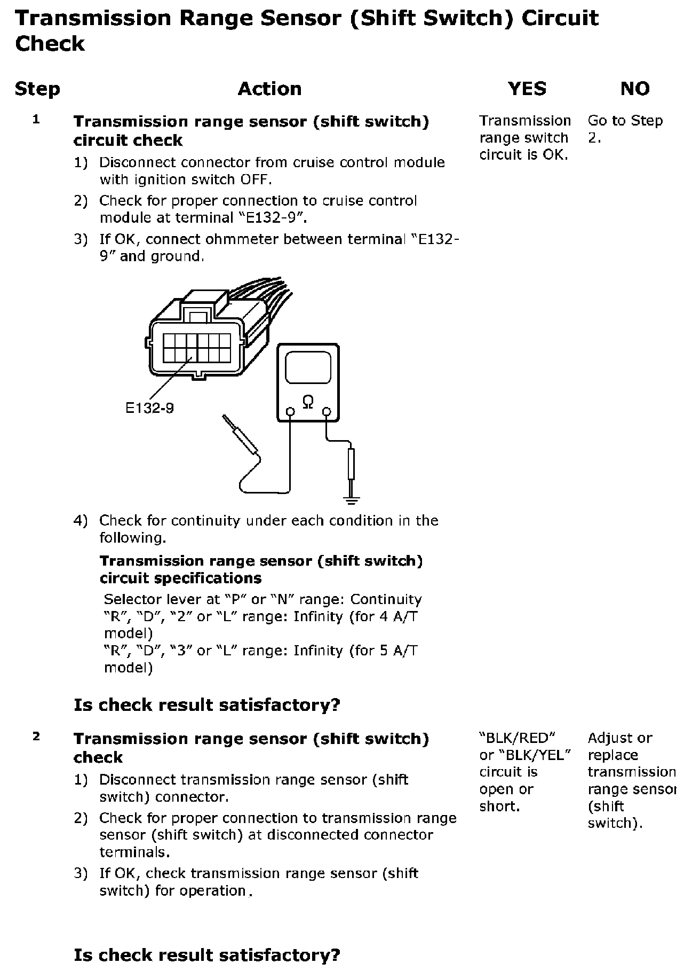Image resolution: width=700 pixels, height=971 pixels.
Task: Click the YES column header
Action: pos(527,89)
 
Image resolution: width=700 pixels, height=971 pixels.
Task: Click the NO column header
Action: pos(635,89)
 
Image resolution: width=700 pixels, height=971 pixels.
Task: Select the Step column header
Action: pos(37,89)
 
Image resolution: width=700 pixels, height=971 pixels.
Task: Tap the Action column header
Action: pos(269,89)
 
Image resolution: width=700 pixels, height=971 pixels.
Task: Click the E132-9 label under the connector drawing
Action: pos(149,409)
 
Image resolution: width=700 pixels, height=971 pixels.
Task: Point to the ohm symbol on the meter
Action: pos(308,402)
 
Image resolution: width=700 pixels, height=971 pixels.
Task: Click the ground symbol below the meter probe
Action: pos(351,500)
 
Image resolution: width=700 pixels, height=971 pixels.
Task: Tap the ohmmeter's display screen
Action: pos(308,368)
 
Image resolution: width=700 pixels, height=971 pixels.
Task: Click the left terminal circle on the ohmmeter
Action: pos(290,412)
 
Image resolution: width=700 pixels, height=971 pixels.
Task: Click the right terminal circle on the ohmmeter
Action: pos(327,412)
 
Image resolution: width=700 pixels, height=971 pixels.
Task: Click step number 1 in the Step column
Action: pos(36,120)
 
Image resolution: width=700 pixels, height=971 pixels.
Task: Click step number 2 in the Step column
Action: pos(36,737)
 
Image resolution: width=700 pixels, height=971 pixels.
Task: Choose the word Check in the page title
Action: pos(50,44)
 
